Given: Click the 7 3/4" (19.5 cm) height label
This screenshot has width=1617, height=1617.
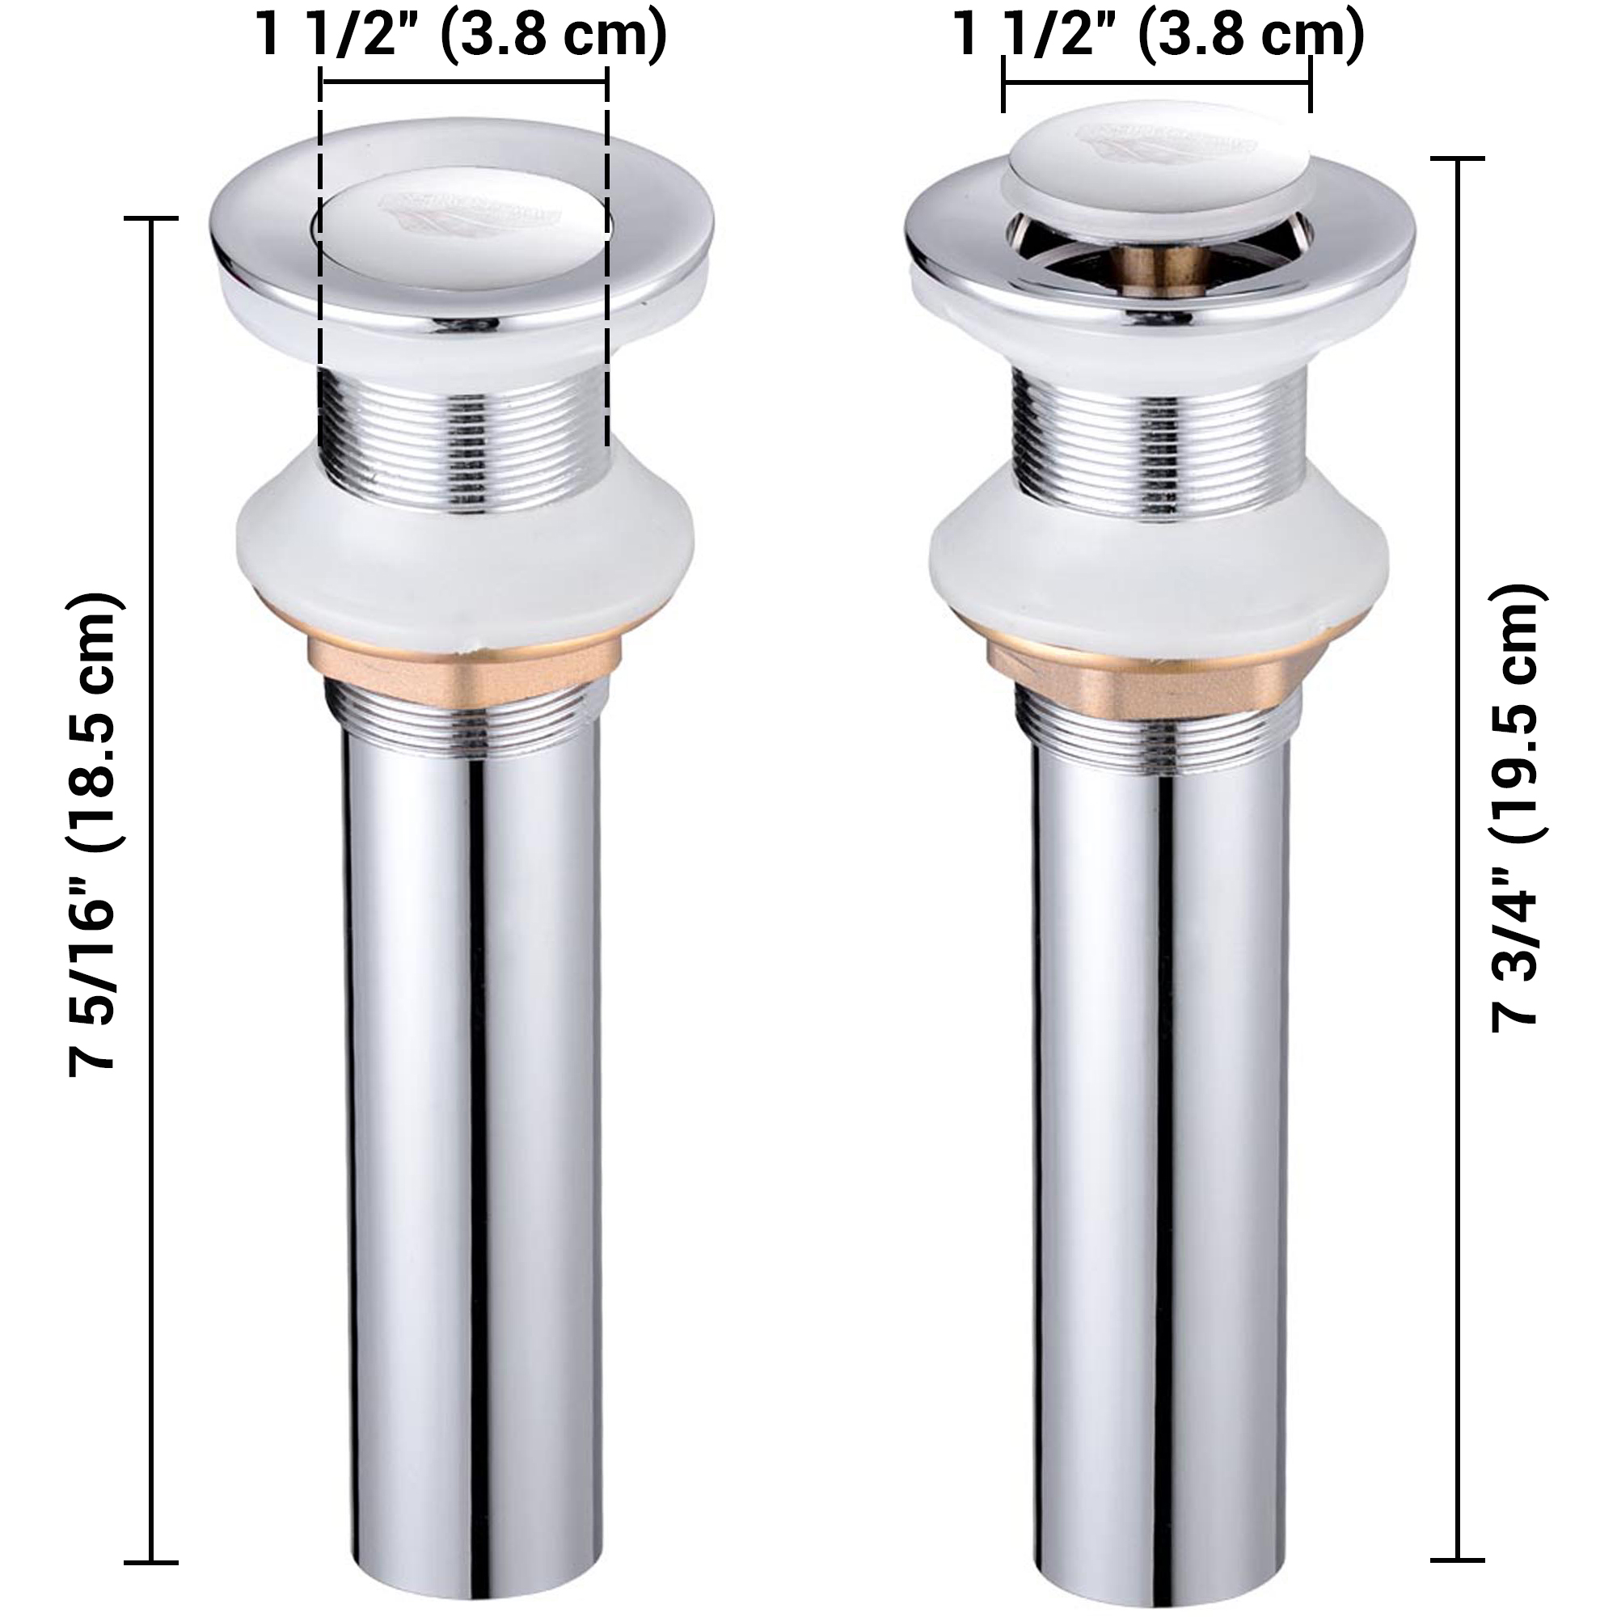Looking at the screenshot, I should point(1517,808).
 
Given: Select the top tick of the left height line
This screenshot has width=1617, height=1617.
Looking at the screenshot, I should point(151,218).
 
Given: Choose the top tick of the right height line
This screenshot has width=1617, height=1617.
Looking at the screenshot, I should point(1459,158).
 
